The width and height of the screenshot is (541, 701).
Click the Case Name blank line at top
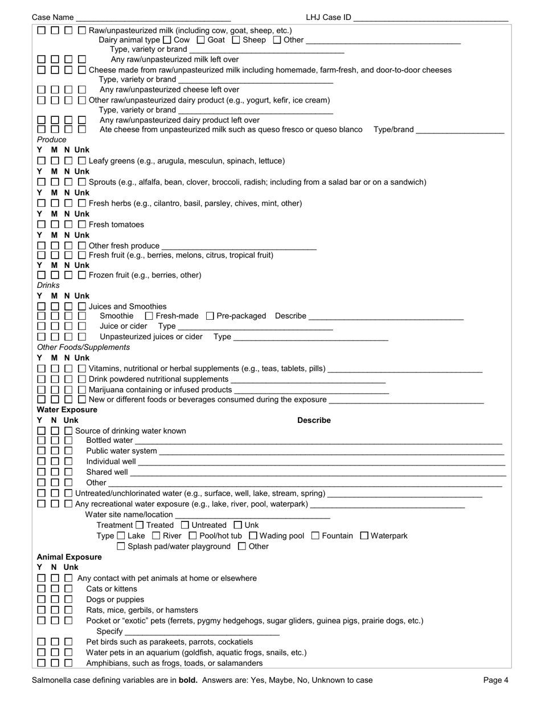(153, 18)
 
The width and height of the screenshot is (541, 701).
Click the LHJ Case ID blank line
(431, 18)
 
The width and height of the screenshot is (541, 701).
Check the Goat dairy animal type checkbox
(200, 40)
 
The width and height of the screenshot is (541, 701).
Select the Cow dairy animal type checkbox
(167, 40)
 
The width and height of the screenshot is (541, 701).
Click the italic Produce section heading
(52, 140)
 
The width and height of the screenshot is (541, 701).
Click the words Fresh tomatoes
(116, 225)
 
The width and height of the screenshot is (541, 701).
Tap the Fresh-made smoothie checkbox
(149, 316)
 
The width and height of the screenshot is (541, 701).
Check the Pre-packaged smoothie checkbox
(210, 316)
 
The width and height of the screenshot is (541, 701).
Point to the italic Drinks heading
(48, 285)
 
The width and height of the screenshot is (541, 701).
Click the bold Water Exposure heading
(67, 410)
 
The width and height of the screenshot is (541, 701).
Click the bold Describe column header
(314, 421)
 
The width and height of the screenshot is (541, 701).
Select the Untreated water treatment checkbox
(185, 525)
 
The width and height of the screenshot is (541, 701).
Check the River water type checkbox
(157, 536)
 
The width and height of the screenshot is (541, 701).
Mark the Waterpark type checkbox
(364, 536)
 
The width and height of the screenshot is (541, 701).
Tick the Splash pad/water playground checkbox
(121, 547)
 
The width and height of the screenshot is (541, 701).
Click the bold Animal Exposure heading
(69, 557)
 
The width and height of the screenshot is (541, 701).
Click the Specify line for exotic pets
(202, 632)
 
